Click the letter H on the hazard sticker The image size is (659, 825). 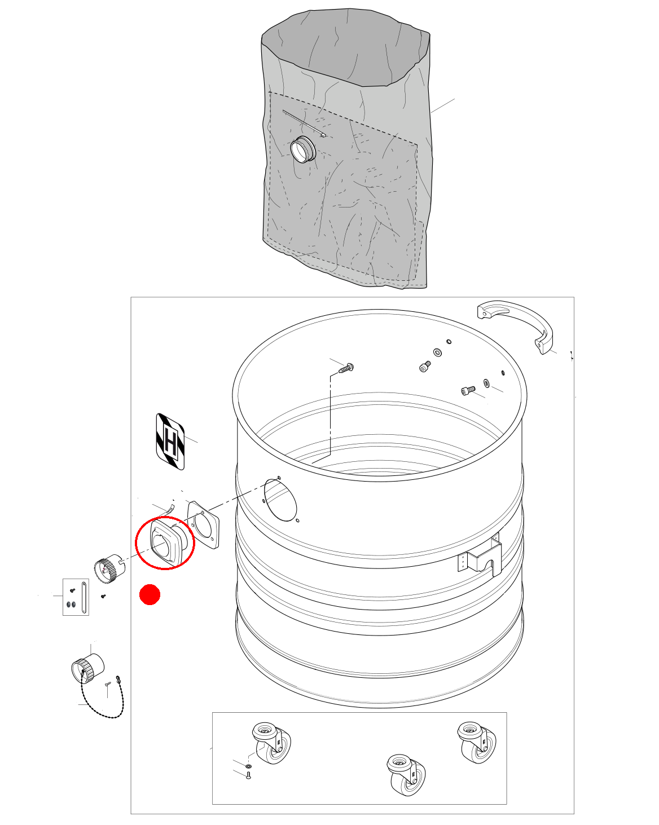170,441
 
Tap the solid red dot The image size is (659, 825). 150,594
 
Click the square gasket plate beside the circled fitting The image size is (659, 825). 203,524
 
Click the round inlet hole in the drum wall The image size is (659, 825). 280,500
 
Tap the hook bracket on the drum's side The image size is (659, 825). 481,555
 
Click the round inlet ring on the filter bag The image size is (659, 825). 303,149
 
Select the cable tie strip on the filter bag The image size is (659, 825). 304,123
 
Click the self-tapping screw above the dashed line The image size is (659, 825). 346,368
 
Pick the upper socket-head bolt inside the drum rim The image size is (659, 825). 425,366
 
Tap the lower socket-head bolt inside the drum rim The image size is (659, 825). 468,390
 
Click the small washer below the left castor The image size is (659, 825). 248,766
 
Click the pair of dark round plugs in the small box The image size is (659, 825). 71,604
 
